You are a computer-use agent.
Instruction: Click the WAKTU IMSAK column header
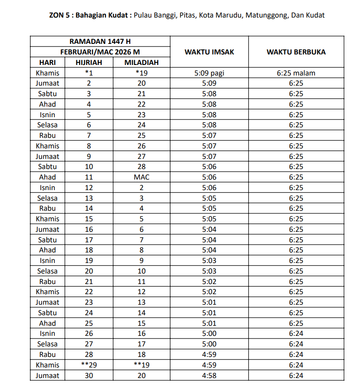pyautogui.click(x=209, y=52)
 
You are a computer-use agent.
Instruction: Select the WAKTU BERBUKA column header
pyautogui.click(x=296, y=52)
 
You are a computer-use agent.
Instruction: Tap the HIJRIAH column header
pyautogui.click(x=89, y=62)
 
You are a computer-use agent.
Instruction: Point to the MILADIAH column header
pyautogui.click(x=141, y=62)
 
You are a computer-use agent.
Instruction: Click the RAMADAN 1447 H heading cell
pyautogui.click(x=100, y=42)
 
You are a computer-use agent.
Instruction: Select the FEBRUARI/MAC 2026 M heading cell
pyautogui.click(x=100, y=52)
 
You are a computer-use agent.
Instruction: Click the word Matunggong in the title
pyautogui.click(x=265, y=15)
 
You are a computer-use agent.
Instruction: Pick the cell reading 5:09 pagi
pyautogui.click(x=209, y=73)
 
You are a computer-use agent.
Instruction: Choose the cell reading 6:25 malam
pyautogui.click(x=296, y=73)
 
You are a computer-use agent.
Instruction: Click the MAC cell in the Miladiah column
pyautogui.click(x=141, y=177)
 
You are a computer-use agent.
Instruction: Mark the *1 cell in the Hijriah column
pyautogui.click(x=89, y=73)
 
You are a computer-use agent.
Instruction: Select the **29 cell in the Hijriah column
pyautogui.click(x=89, y=365)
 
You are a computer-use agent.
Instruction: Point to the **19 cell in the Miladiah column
pyautogui.click(x=141, y=365)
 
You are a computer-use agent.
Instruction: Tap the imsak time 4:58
pyautogui.click(x=209, y=375)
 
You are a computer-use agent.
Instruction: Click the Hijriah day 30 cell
pyautogui.click(x=89, y=375)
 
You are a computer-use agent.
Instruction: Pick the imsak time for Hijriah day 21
pyautogui.click(x=209, y=281)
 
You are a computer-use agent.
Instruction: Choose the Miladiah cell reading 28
pyautogui.click(x=141, y=167)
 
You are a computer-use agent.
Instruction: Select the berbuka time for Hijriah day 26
pyautogui.click(x=296, y=334)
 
